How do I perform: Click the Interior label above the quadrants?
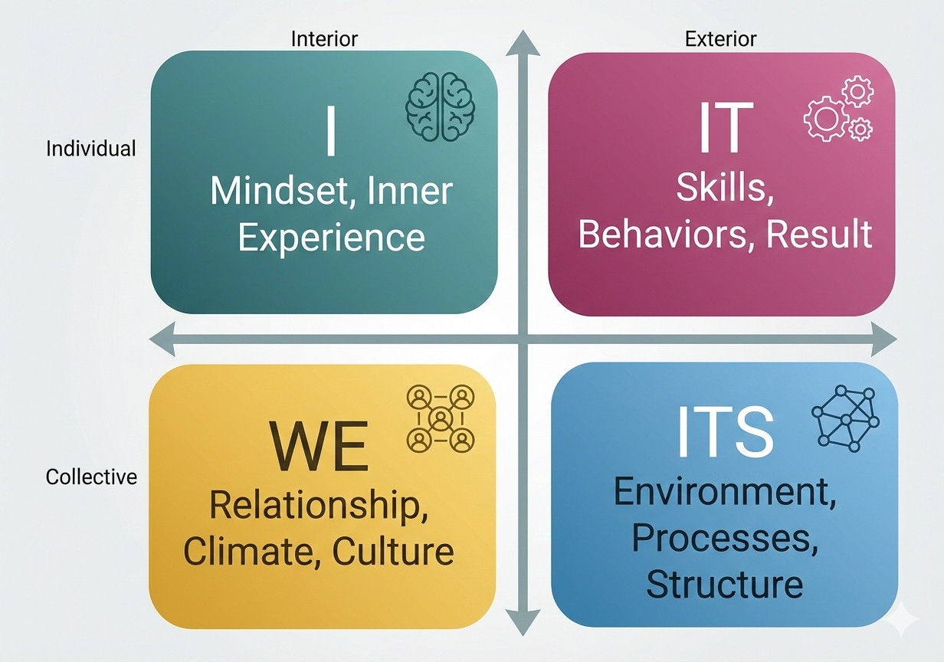click(324, 38)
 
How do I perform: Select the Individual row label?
click(91, 148)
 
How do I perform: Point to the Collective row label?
click(91, 477)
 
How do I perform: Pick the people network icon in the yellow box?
click(441, 418)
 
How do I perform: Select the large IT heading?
click(722, 127)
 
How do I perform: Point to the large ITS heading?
click(724, 431)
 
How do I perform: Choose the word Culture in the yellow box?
click(393, 551)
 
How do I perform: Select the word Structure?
click(724, 584)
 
